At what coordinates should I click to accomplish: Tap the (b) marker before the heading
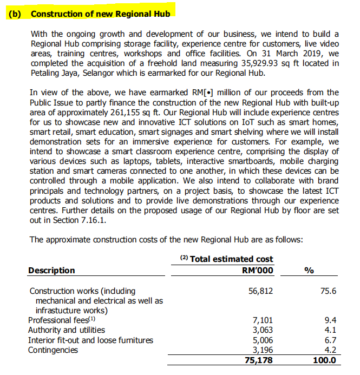coord(15,12)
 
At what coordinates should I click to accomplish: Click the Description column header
coord(51,270)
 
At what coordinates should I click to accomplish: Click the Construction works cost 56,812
coord(260,291)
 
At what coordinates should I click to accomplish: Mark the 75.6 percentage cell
coord(328,291)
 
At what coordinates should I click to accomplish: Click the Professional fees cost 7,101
coord(262,320)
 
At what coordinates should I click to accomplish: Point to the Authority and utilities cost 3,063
coord(262,330)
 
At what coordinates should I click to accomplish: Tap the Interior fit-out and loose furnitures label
coord(90,340)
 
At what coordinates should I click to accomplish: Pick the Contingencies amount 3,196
coord(262,350)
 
